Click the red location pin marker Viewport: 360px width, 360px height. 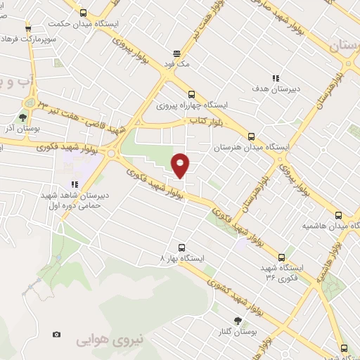tap(181, 164)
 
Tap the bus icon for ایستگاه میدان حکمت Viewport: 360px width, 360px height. tap(84, 13)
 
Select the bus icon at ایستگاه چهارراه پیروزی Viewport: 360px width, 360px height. tap(191, 94)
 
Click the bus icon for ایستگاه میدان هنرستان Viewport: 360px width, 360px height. tap(251, 138)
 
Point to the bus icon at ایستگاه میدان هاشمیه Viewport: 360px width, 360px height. tap(338, 216)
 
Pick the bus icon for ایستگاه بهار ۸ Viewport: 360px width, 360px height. tap(182, 247)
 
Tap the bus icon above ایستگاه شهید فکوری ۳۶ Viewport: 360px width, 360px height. tap(282, 257)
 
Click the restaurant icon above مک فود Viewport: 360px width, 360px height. tap(176, 53)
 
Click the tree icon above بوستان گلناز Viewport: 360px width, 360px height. tap(238, 320)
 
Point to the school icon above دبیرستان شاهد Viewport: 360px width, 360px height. tap(75, 184)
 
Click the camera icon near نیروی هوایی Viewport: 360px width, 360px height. tap(56, 334)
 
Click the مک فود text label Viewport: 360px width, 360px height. tap(177, 64)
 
